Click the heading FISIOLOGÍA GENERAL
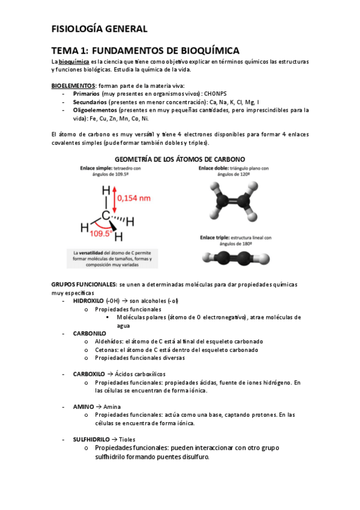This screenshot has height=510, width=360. (x=99, y=28)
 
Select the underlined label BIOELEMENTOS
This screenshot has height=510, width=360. (x=73, y=86)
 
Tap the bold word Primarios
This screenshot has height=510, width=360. (x=87, y=94)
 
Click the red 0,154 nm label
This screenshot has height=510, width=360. (x=134, y=197)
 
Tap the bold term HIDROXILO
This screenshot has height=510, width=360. (x=88, y=301)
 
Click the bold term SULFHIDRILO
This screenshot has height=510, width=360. (x=91, y=440)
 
